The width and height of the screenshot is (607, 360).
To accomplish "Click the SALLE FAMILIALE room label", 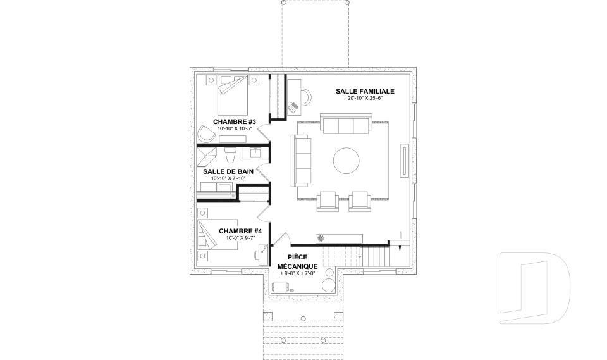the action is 365,92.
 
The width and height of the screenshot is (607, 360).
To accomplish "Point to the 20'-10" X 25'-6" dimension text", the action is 365,99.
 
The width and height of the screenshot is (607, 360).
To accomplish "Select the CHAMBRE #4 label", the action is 240,232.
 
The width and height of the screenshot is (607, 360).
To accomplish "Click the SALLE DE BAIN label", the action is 228,171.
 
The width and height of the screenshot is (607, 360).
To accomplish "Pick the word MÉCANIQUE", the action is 298,266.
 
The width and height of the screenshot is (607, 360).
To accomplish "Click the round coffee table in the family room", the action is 346,161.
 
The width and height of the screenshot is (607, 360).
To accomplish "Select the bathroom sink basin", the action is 256,154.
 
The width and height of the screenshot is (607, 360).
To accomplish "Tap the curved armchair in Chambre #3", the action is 206,134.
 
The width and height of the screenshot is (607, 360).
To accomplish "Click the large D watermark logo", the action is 534,288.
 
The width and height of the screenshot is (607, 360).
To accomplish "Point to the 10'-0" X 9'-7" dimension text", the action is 240,238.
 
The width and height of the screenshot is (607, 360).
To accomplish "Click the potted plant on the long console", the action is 321,239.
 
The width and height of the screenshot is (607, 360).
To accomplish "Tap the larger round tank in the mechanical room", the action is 329,285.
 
